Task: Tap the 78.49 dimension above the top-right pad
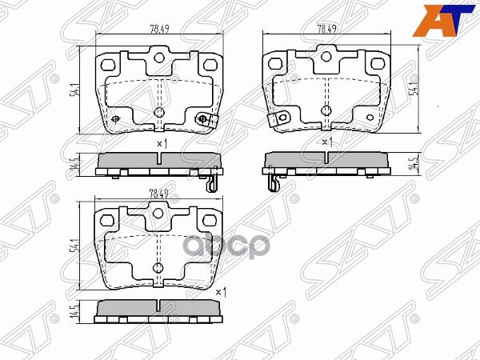click(x=326, y=29)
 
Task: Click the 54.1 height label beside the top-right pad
click(x=414, y=89)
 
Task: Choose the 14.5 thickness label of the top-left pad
click(x=74, y=165)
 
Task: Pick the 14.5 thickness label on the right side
click(x=414, y=164)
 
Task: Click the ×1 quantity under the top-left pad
click(x=160, y=143)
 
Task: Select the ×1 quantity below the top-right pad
click(x=326, y=142)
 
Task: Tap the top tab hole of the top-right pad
click(x=325, y=57)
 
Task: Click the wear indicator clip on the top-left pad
click(x=205, y=119)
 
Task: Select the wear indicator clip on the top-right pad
click(x=277, y=119)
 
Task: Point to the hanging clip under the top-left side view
click(x=210, y=182)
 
